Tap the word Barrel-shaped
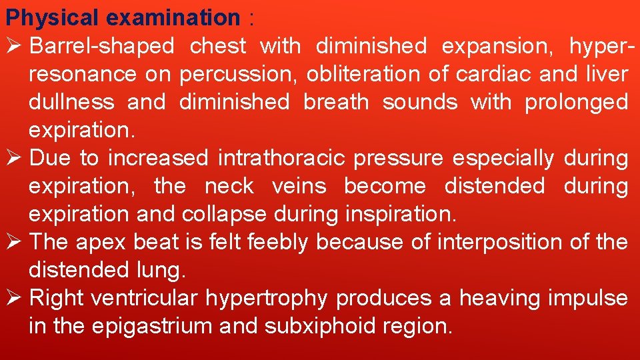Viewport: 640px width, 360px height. (x=102, y=47)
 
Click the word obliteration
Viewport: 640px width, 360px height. (x=363, y=74)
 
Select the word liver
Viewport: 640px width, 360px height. (x=607, y=74)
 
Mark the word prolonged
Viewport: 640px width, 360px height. (x=576, y=103)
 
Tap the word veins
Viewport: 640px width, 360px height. (x=299, y=186)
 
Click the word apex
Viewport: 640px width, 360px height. (x=101, y=243)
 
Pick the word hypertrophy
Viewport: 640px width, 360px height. (x=266, y=299)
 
